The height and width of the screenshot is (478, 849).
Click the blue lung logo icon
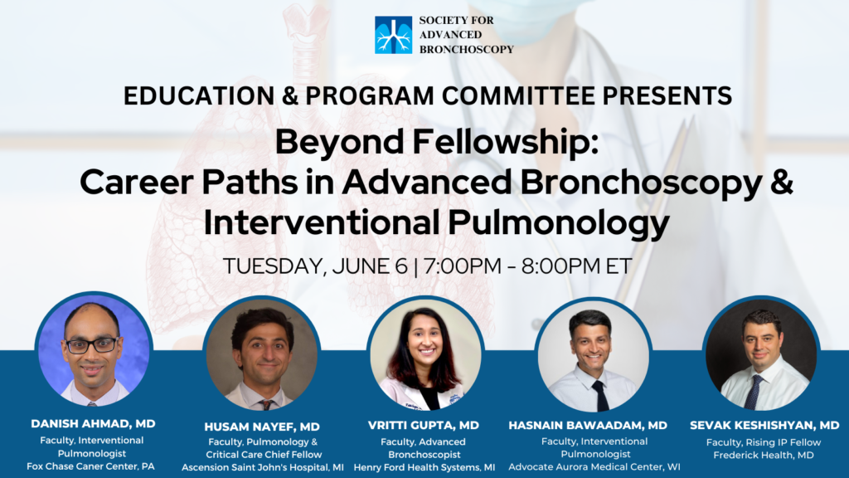[x=393, y=35]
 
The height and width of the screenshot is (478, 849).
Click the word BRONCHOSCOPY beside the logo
[x=467, y=49]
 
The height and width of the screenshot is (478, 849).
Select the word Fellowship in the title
[x=505, y=143]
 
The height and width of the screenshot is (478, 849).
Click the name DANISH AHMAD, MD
[x=93, y=424]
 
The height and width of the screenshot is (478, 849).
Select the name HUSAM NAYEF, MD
[x=262, y=427]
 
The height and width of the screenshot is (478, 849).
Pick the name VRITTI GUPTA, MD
[x=424, y=426]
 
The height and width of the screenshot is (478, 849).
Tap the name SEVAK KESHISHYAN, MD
[x=764, y=426]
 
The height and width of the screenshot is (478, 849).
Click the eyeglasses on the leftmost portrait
[x=92, y=344]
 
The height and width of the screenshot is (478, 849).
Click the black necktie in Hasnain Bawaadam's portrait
[x=600, y=395]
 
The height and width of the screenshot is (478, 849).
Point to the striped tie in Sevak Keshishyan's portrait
[x=753, y=392]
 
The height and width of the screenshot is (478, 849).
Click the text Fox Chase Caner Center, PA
[x=90, y=466]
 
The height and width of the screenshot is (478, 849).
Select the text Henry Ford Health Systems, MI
[x=424, y=467]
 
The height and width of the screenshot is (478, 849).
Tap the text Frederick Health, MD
[x=764, y=456]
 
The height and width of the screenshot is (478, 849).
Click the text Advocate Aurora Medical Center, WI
[x=594, y=466]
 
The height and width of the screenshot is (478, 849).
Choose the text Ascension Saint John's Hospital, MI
[x=263, y=467]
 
